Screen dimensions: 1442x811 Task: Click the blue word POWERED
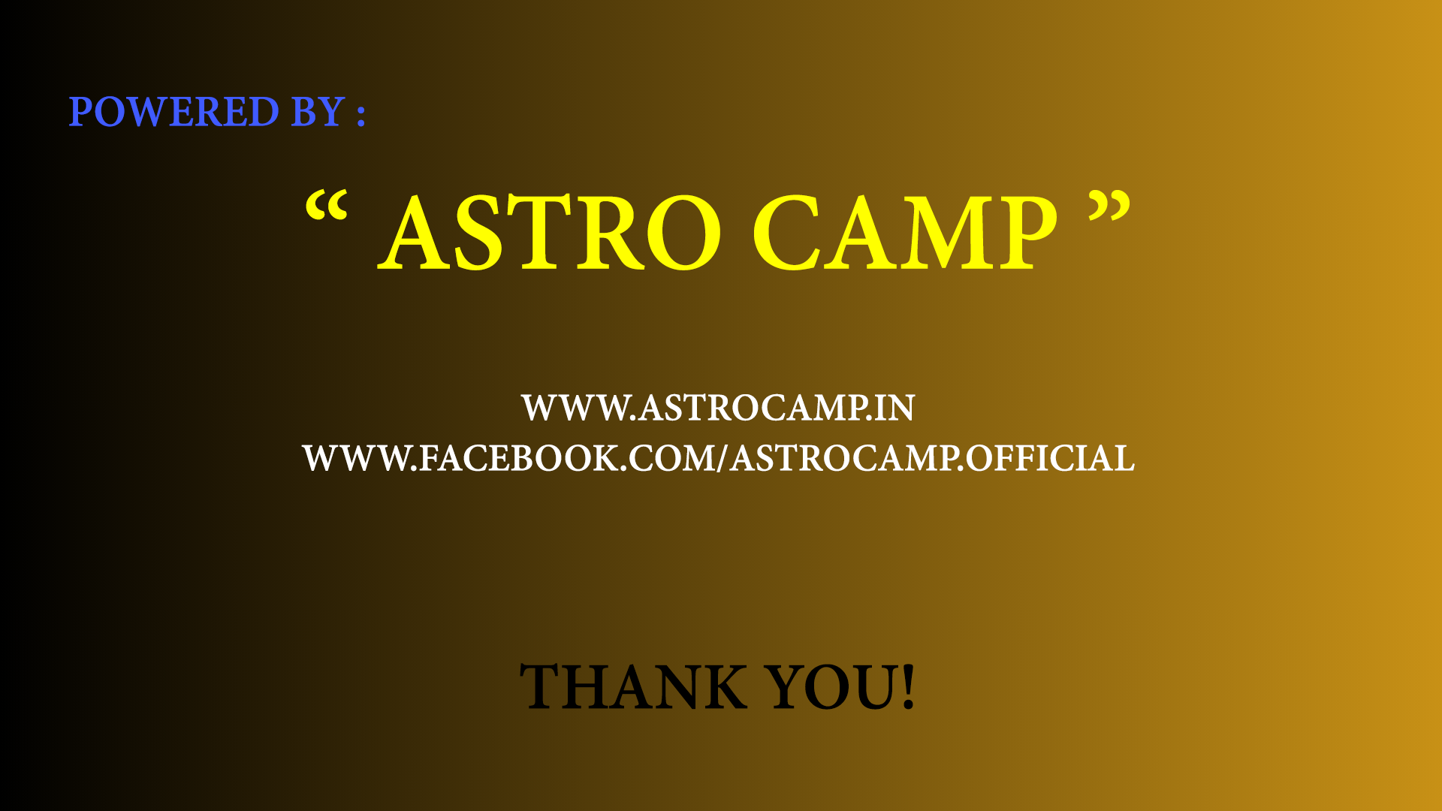[173, 112]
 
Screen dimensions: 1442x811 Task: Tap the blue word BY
[318, 112]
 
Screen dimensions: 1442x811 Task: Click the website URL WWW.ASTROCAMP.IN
[719, 408]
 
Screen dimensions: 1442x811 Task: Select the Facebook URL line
[719, 458]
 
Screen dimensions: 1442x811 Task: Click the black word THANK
[633, 686]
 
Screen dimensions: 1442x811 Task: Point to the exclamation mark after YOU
[908, 686]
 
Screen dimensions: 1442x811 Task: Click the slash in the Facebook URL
[723, 458]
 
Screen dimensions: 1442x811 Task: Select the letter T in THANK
[543, 686]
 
